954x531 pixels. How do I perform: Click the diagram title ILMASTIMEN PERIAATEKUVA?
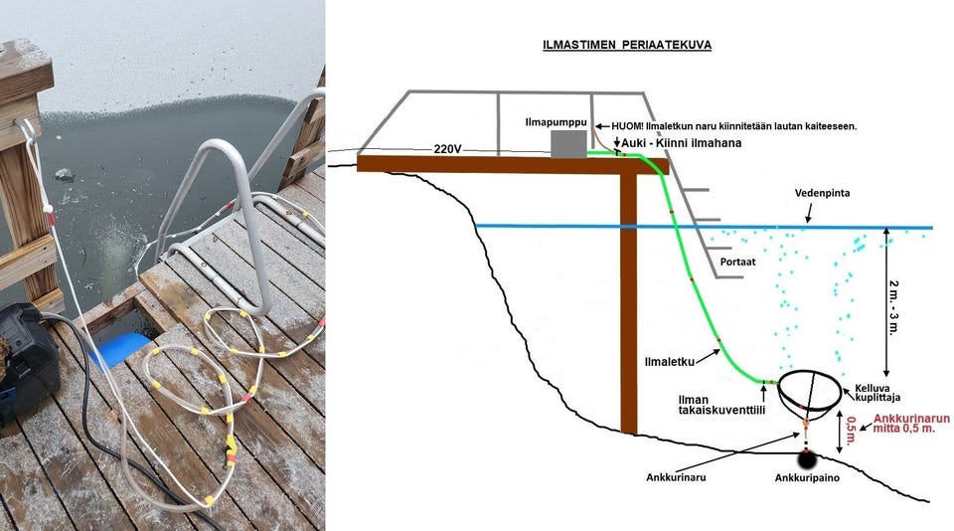627,45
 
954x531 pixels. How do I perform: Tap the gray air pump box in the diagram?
568,145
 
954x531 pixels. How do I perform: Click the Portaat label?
738,264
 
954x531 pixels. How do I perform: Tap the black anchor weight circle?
805,459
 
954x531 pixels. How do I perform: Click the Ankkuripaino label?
806,479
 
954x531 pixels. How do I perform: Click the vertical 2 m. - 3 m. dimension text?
896,302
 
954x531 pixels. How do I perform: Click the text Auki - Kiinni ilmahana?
685,143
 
